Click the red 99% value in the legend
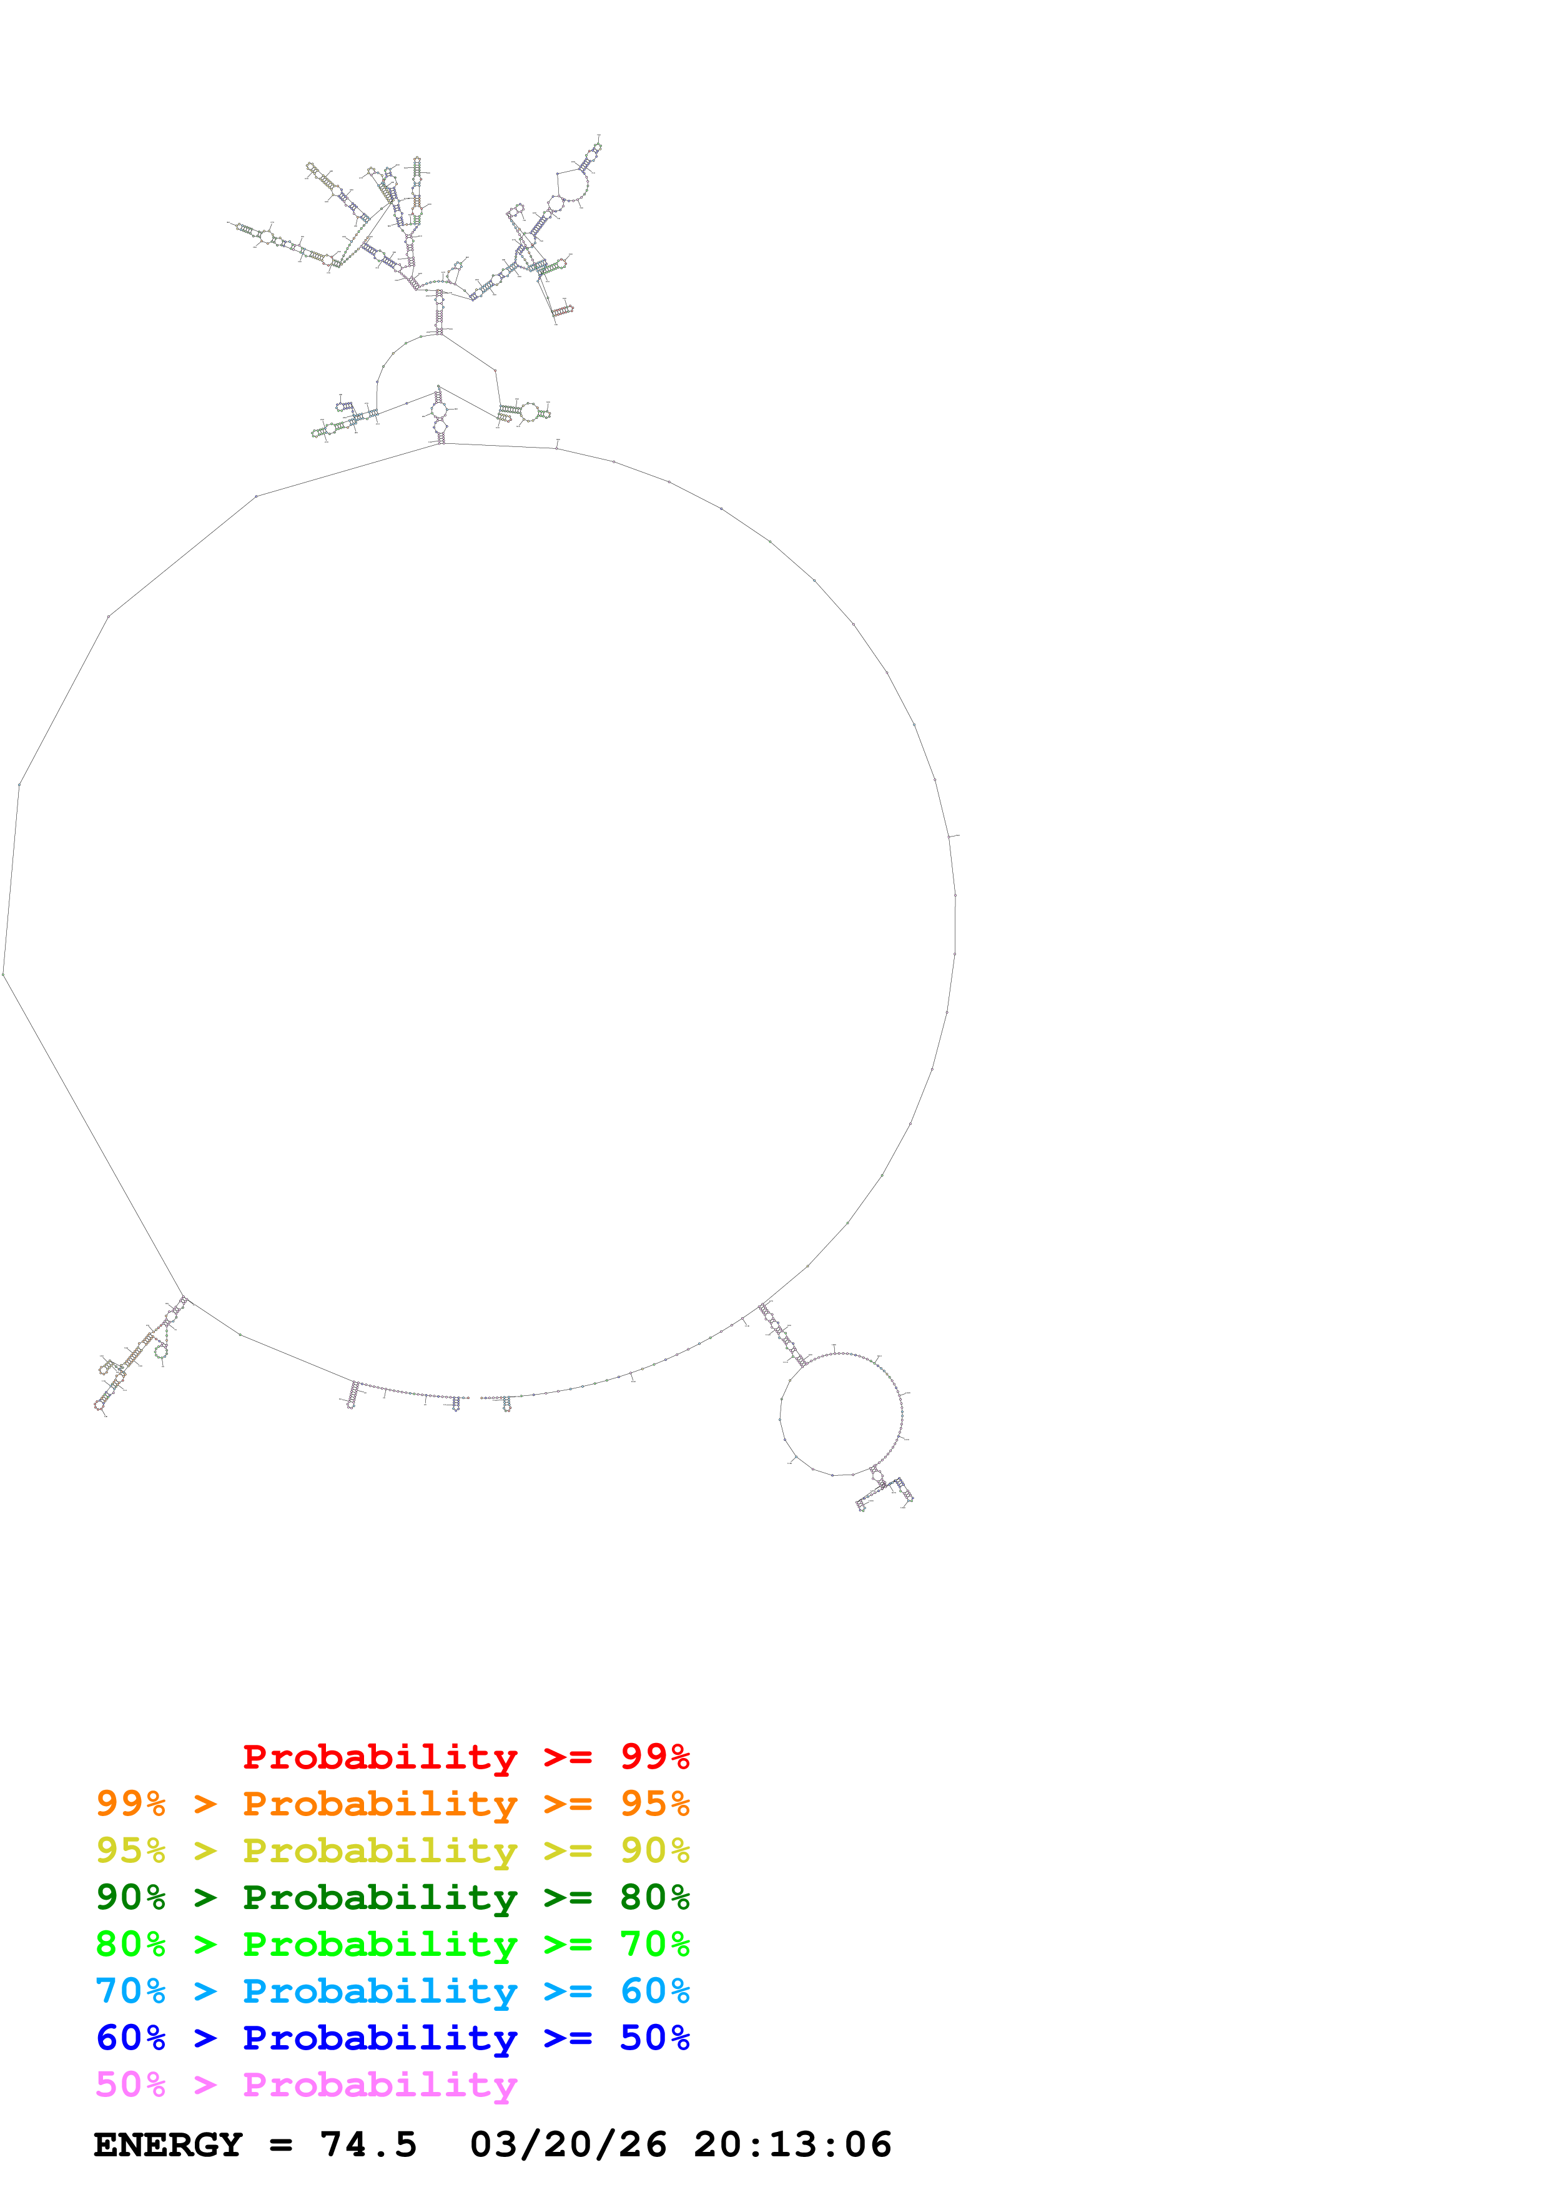pos(654,1756)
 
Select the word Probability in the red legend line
pos(380,1756)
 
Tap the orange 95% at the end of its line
pos(654,1803)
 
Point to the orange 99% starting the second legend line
pos(131,1803)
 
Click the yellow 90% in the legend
pos(654,1850)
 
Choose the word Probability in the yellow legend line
pos(380,1850)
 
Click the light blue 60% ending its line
pos(654,1991)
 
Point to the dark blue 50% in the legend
pos(654,2038)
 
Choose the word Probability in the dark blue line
pos(380,2038)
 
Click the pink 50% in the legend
pos(131,2084)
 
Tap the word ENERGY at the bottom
pos(168,2144)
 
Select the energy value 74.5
pos(368,2144)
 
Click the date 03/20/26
pos(568,2144)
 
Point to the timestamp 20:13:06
pos(792,2144)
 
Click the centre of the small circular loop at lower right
pos(841,1413)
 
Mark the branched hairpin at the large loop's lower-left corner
pos(138,1355)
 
